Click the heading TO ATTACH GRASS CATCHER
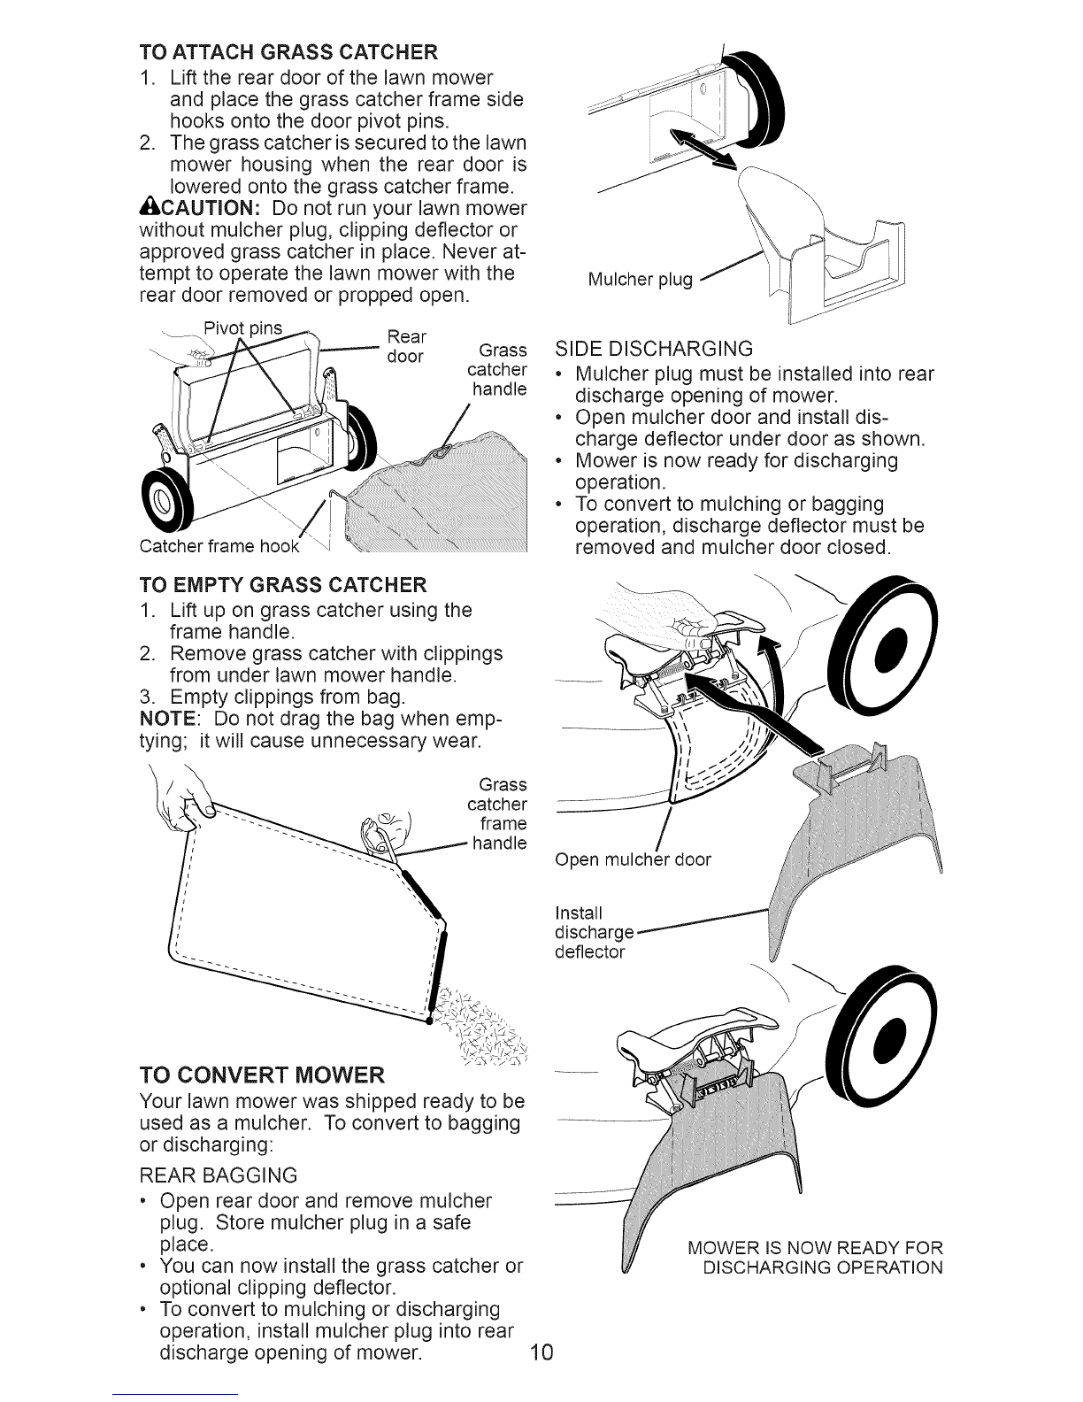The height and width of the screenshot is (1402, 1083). (288, 51)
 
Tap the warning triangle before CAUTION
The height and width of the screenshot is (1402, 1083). (149, 208)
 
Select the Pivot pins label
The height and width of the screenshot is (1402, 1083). (242, 328)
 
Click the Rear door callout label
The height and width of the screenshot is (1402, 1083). (406, 346)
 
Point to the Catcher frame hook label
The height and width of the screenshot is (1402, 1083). (219, 546)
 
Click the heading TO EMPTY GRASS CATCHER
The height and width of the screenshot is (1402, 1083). (283, 585)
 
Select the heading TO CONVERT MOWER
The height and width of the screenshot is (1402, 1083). (262, 1075)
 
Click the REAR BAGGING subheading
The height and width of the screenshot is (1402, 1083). (219, 1175)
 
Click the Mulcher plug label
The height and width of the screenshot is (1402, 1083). (640, 280)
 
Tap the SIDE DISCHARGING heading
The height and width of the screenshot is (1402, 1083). (654, 349)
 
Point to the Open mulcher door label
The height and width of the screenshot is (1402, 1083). (633, 859)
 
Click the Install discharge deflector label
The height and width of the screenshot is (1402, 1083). (594, 932)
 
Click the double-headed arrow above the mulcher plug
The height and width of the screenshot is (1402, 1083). (703, 149)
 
